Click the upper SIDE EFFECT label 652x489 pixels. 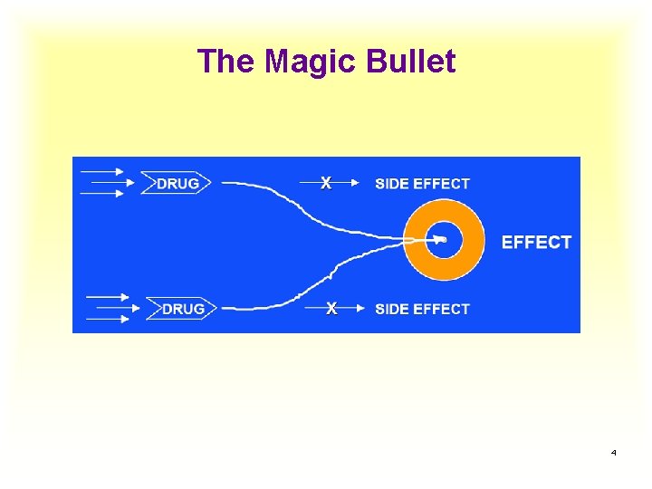422,183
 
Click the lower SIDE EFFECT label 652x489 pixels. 422,309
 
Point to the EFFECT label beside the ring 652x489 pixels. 536,242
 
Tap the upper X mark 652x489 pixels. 326,183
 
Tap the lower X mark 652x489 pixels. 331,309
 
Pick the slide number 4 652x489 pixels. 614,452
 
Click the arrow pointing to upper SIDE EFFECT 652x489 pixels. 349,183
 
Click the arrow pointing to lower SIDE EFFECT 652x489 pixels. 353,309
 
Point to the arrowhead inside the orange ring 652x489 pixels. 440,240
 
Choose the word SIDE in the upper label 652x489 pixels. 391,183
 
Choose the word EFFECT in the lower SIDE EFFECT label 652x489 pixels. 441,309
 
